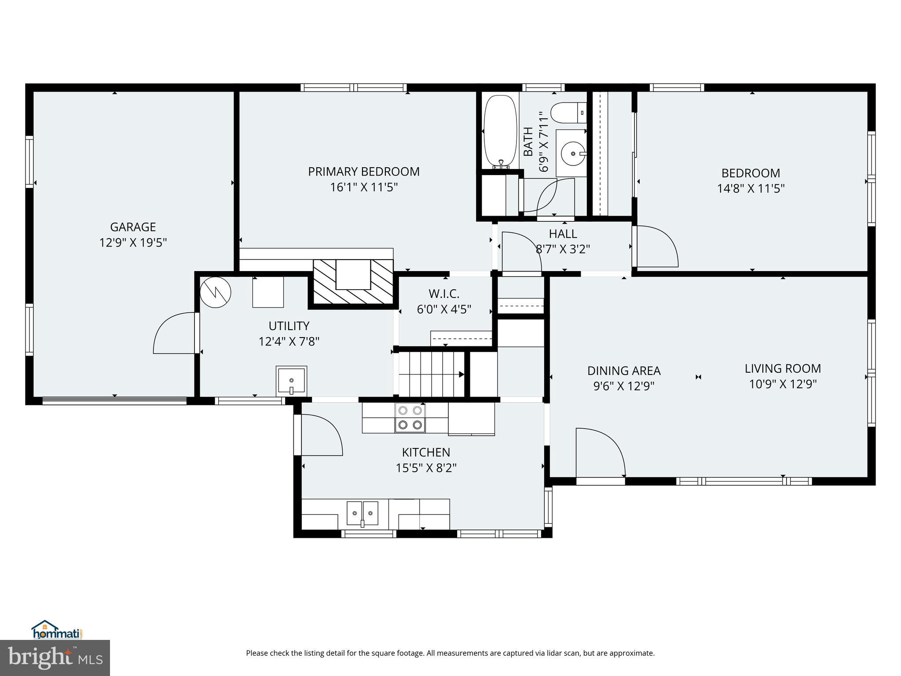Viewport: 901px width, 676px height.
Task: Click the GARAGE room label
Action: pyautogui.click(x=133, y=227)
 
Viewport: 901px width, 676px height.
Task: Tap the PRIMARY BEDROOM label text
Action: pyautogui.click(x=364, y=172)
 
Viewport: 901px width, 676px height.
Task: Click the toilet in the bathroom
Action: pyautogui.click(x=568, y=113)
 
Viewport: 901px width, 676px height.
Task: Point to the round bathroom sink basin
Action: pyautogui.click(x=573, y=154)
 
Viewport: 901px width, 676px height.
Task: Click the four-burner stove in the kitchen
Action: pyautogui.click(x=410, y=418)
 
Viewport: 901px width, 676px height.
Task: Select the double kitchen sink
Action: pyautogui.click(x=363, y=513)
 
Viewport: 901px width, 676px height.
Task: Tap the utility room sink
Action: pyautogui.click(x=291, y=380)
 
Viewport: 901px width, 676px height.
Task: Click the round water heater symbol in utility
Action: pyautogui.click(x=216, y=292)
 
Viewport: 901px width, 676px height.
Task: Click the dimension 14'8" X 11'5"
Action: pyautogui.click(x=751, y=189)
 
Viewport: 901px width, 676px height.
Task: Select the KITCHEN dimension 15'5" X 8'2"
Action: pyautogui.click(x=426, y=468)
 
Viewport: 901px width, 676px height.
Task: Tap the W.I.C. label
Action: pyautogui.click(x=444, y=294)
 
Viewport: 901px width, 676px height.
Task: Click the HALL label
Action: pyautogui.click(x=563, y=234)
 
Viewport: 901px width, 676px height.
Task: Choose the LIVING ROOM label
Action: pyautogui.click(x=783, y=368)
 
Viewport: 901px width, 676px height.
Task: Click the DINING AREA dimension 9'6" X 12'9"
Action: pyautogui.click(x=624, y=386)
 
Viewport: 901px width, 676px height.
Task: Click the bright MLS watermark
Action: pyautogui.click(x=55, y=658)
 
